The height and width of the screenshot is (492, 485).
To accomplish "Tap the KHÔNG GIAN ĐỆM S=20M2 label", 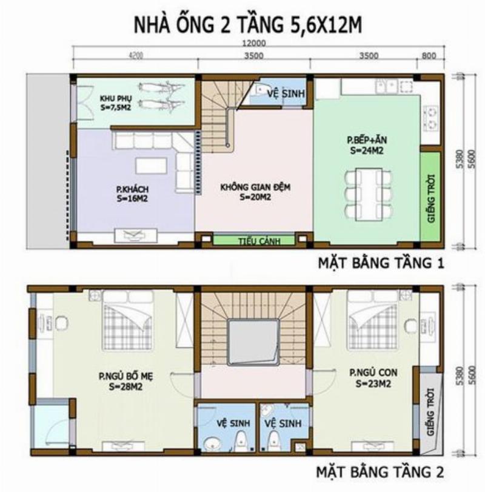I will (255, 192).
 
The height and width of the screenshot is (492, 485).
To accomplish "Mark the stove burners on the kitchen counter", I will (432, 117).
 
